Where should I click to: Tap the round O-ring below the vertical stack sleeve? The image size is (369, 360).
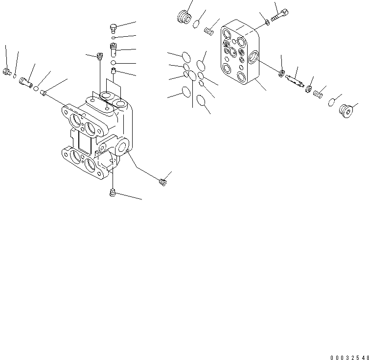114,63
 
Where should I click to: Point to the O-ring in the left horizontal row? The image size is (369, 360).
36,88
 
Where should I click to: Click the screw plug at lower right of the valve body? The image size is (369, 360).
163,182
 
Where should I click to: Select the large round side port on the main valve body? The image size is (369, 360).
121,145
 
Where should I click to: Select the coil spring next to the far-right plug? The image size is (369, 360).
318,93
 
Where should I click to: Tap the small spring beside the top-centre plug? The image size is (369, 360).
208,32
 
